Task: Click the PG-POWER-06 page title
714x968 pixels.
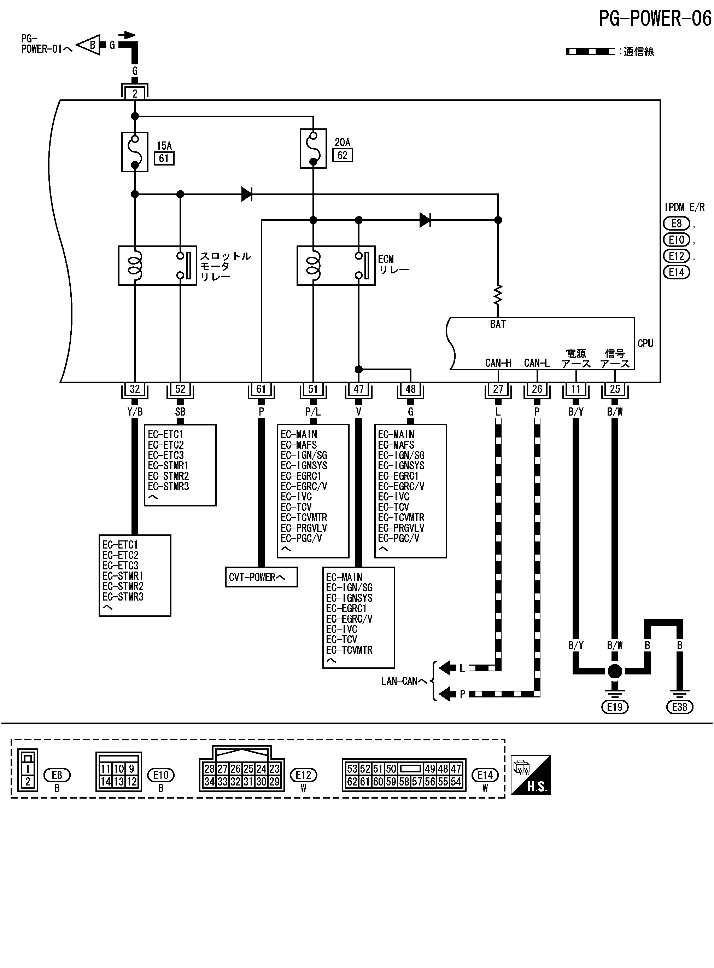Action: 654,19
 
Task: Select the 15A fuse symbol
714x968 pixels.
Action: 135,152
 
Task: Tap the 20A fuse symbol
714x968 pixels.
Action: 314,148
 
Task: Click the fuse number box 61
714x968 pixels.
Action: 164,158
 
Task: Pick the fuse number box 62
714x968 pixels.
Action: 342,155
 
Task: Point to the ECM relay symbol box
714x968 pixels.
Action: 336,266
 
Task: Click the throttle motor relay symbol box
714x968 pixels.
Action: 157,266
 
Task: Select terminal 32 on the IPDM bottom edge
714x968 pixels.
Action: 135,389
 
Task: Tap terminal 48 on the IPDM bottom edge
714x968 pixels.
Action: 410,389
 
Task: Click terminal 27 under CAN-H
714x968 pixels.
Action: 498,389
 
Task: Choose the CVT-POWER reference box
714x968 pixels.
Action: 261,577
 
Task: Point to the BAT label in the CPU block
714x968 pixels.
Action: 498,324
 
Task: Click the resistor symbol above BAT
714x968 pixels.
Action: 498,295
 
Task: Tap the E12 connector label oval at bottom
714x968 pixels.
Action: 303,775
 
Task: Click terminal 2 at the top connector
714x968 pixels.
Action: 135,93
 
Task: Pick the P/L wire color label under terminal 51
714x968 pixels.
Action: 313,412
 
